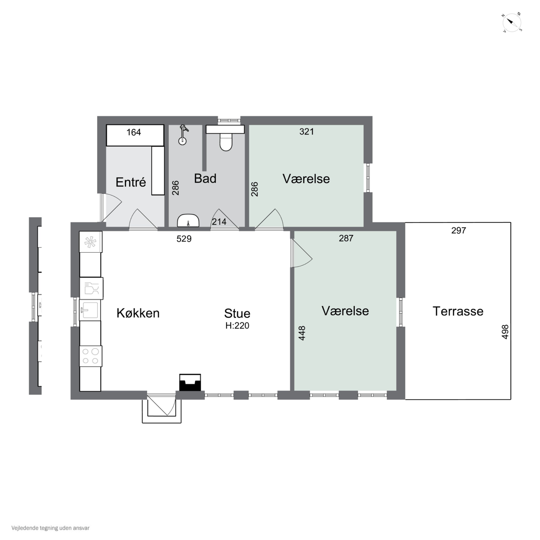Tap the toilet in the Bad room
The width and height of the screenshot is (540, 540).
click(x=226, y=142)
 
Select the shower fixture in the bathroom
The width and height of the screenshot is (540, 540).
click(x=183, y=135)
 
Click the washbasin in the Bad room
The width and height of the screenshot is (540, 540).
click(x=188, y=220)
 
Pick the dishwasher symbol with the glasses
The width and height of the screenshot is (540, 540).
click(x=91, y=288)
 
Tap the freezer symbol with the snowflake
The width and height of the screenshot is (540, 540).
click(x=91, y=242)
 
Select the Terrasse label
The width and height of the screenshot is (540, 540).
click(x=458, y=311)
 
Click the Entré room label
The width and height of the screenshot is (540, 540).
click(x=131, y=182)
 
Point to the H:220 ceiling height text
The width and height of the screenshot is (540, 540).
click(x=237, y=326)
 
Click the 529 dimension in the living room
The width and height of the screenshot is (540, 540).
click(x=184, y=239)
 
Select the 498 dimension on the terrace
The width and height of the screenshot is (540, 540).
click(x=505, y=332)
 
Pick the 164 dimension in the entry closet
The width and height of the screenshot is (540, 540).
click(x=134, y=132)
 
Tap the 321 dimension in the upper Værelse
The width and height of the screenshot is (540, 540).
click(x=307, y=131)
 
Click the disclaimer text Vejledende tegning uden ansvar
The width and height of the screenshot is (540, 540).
click(x=50, y=528)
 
